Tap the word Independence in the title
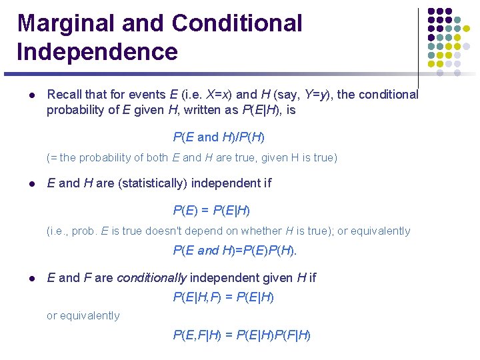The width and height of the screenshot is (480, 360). coord(97,51)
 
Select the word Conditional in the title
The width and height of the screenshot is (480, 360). coord(237,23)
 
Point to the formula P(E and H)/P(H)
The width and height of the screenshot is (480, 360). coord(219,137)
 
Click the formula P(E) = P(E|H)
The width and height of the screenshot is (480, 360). coord(211,210)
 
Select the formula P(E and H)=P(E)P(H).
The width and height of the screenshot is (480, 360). coord(235,251)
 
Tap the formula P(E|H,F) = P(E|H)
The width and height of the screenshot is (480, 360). coord(223,297)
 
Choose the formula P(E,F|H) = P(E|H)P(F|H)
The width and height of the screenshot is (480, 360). coord(241,335)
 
